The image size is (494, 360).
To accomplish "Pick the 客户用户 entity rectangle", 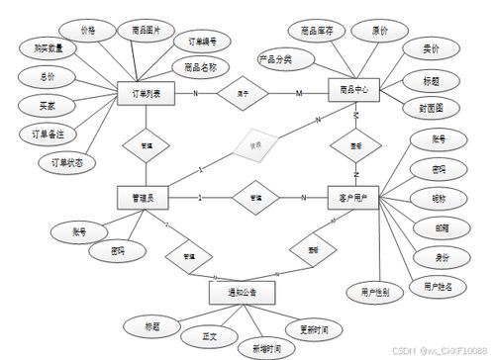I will click(x=354, y=198).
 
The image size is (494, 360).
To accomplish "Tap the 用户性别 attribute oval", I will click(x=368, y=292).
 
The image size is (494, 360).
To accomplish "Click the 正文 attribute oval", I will click(x=211, y=337).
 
